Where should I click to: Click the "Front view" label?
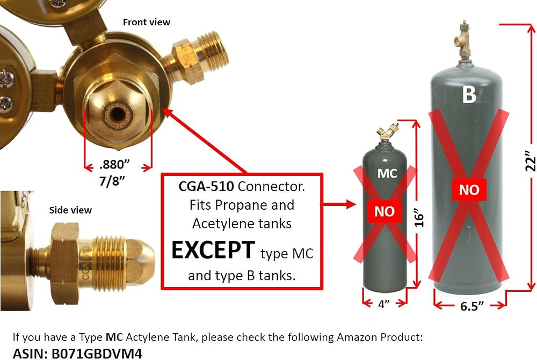point(147,22)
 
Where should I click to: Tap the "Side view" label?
point(70,210)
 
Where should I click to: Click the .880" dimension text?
point(114,165)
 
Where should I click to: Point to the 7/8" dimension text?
point(112,181)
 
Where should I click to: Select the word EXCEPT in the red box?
point(213,250)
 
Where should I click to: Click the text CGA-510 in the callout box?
point(206,187)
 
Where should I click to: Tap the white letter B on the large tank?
point(469,94)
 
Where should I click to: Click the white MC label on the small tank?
point(387,173)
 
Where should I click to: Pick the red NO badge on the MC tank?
point(384,211)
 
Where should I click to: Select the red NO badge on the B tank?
point(469,189)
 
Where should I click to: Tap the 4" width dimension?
point(384,304)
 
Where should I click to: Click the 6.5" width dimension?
point(472,306)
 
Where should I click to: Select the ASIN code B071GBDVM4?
point(97,353)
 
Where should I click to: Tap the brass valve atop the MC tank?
point(387,133)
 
